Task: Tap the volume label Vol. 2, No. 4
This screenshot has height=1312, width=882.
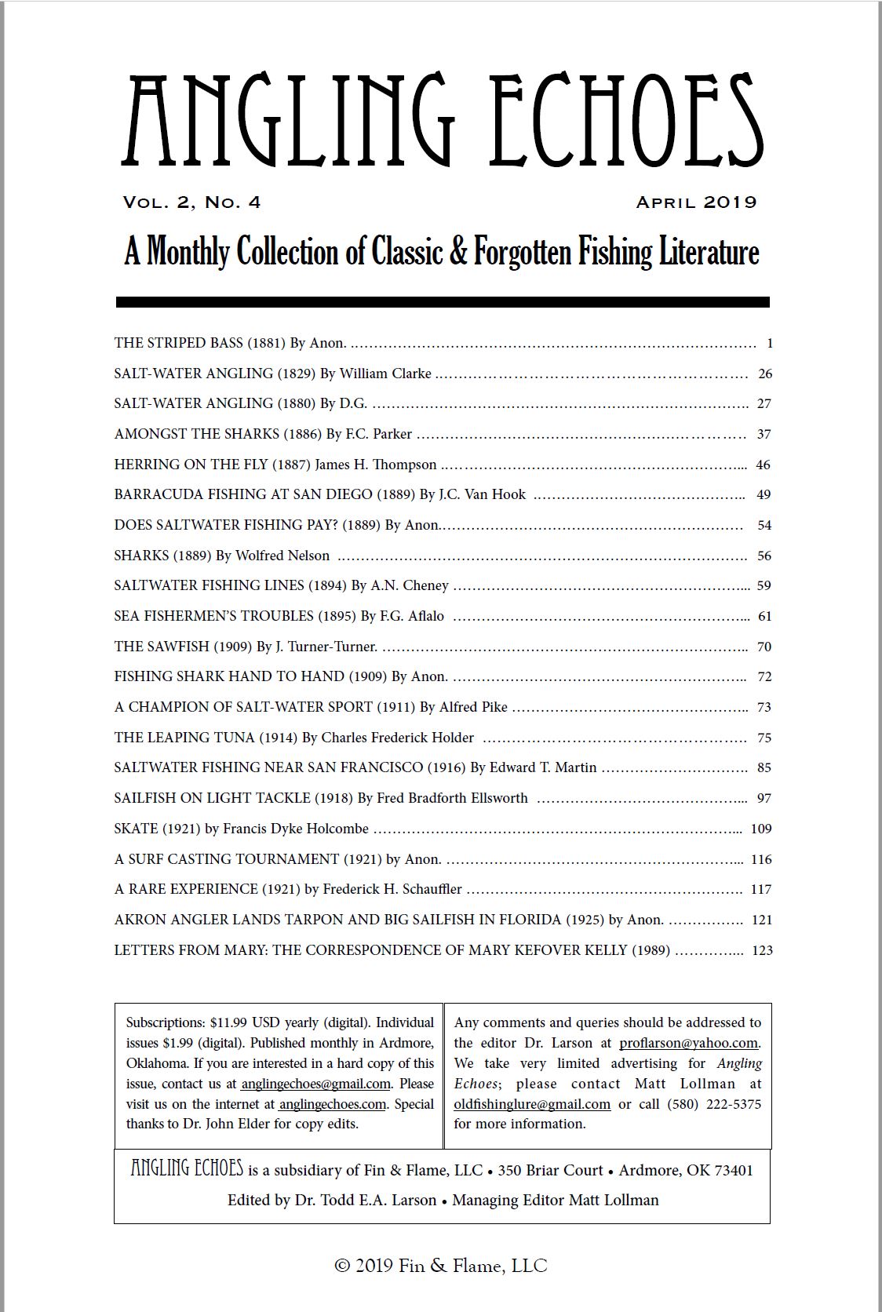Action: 191,202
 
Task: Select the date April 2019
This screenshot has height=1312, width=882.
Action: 696,202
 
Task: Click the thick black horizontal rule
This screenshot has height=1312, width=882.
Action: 442,302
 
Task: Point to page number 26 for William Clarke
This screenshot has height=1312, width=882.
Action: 765,374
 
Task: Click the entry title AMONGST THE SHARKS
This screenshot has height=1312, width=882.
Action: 196,434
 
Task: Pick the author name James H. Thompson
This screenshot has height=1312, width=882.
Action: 376,465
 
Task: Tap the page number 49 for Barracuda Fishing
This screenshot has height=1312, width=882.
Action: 764,494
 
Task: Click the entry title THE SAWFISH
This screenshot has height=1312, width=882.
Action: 162,647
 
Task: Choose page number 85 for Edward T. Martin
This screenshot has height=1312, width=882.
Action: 764,767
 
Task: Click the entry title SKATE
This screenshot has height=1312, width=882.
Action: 136,829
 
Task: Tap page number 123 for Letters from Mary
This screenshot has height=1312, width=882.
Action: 762,950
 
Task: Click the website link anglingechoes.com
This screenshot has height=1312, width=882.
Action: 332,1104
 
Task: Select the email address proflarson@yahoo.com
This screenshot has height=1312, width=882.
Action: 688,1043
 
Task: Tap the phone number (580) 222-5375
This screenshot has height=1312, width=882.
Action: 714,1104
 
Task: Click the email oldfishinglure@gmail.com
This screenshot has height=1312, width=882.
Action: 532,1104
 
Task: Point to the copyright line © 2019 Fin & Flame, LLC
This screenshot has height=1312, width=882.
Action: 441,1266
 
